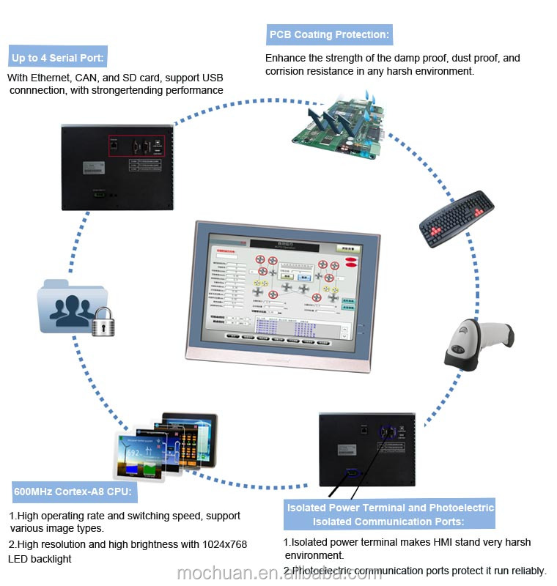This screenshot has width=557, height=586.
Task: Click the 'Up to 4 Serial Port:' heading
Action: pos(58,57)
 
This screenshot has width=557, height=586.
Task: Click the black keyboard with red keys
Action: pos(457,218)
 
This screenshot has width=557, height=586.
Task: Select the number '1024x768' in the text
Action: pos(224,544)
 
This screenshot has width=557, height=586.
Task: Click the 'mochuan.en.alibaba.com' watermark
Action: pos(279,572)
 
